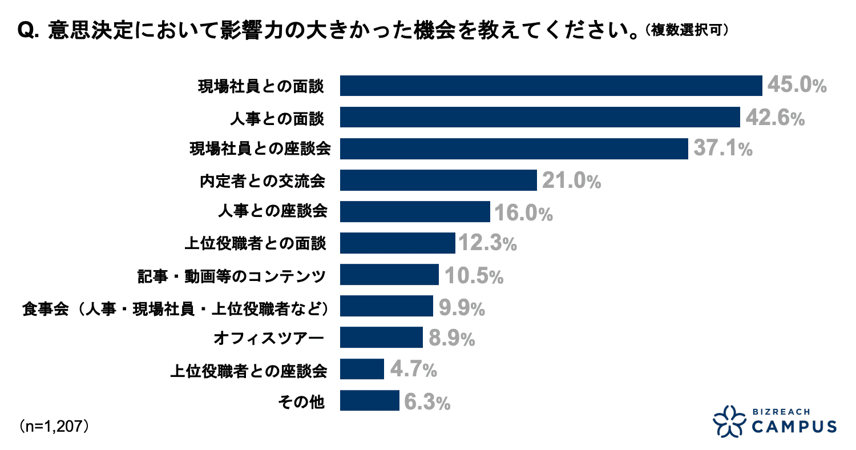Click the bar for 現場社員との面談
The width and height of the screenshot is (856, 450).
(551, 86)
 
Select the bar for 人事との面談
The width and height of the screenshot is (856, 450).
(540, 118)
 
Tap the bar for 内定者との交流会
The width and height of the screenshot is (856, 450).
(438, 180)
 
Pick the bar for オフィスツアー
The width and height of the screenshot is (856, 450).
(381, 337)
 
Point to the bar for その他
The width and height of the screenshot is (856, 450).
(369, 400)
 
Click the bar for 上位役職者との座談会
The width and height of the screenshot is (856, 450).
(362, 369)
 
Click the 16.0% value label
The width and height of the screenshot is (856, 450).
(523, 212)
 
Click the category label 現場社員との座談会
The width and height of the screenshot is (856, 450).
(260, 149)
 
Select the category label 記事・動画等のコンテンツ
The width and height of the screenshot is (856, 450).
(232, 276)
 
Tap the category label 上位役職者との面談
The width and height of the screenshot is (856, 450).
(256, 244)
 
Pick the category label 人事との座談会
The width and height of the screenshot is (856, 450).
(273, 212)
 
